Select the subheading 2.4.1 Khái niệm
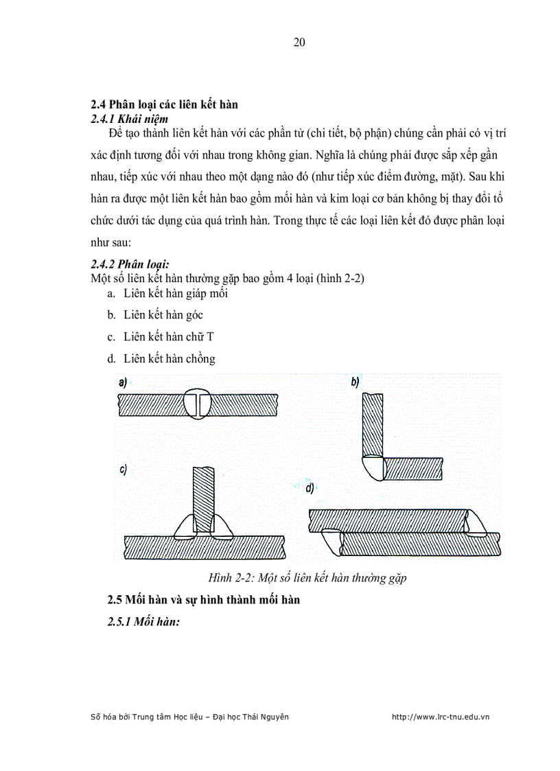point(130,118)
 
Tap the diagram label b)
point(355,382)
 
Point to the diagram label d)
point(310,489)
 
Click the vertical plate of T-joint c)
point(204,494)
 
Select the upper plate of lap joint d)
point(388,520)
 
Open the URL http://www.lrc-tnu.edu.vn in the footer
point(440,717)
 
